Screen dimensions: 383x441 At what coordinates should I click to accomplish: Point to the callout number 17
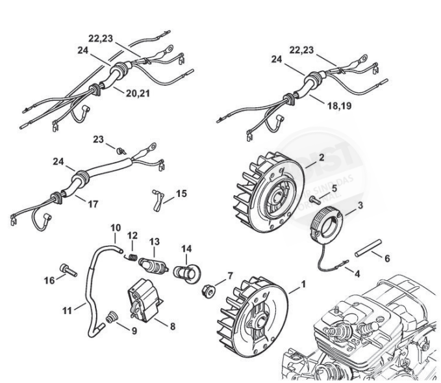(x=93, y=204)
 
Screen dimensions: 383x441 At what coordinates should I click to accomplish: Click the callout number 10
(x=116, y=227)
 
